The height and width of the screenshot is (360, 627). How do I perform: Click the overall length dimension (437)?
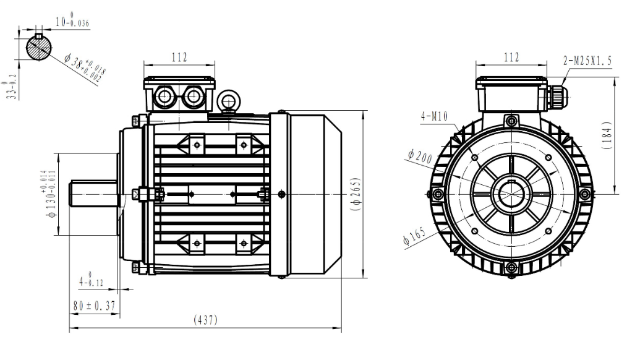(x=205, y=320)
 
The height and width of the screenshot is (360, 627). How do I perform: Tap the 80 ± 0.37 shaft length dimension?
(x=95, y=306)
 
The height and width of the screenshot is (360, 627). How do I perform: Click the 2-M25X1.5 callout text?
(x=587, y=61)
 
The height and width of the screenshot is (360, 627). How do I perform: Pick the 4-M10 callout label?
(x=434, y=116)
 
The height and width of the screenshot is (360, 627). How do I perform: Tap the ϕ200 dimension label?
(x=420, y=156)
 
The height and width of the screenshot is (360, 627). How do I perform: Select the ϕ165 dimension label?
(x=414, y=236)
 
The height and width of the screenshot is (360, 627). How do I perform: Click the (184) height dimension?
(x=607, y=135)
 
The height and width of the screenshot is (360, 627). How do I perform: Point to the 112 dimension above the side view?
(x=179, y=58)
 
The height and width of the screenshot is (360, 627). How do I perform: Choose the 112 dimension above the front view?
(x=511, y=58)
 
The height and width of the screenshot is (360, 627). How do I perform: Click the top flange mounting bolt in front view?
(x=511, y=120)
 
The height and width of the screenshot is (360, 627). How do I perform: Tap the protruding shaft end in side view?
(x=94, y=194)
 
